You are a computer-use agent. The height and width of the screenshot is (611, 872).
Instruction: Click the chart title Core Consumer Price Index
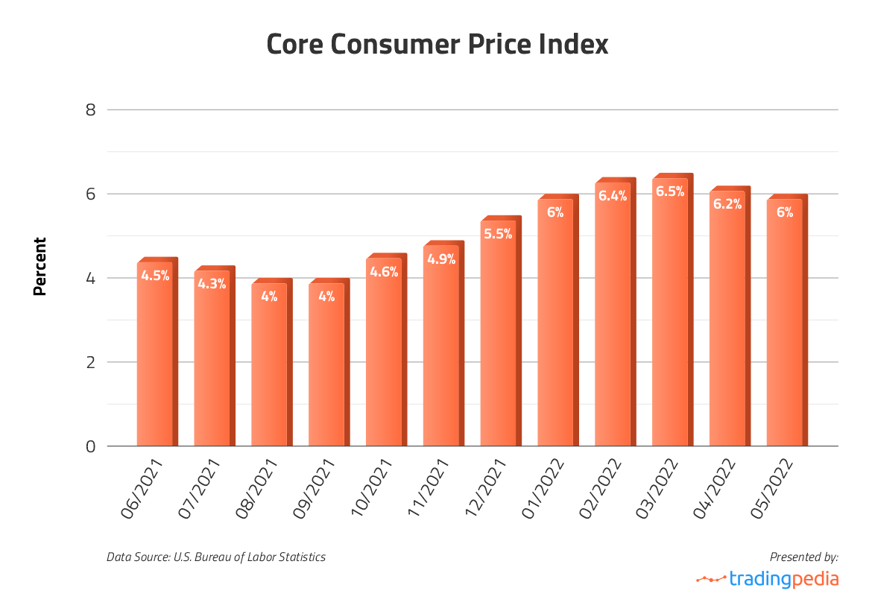coord(437,45)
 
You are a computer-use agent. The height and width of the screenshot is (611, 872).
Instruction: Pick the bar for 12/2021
coord(498,335)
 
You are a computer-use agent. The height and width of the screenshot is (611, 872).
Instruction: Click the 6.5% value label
coord(670,191)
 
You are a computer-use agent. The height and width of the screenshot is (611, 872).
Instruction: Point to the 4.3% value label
coord(212,284)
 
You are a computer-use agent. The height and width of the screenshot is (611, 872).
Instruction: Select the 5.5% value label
coord(498,234)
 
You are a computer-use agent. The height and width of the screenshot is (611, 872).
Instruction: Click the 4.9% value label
coord(441,259)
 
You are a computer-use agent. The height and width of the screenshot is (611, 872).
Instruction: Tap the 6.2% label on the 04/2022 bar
coord(727,203)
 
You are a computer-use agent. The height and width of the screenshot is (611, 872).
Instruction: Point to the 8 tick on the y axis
coord(91,110)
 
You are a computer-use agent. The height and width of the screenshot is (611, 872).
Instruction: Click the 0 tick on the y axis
coord(91,446)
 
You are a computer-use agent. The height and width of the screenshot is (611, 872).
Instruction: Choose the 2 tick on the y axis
coord(91,363)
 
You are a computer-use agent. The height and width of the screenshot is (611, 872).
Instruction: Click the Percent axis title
coord(40,266)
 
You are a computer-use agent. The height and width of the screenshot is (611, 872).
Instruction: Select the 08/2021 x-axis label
coord(256,489)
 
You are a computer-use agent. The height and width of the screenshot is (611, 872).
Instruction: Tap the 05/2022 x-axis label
coord(771,489)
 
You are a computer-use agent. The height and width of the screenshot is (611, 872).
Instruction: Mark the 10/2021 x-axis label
coord(370,489)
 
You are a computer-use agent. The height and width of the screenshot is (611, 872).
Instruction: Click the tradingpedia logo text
coord(783,579)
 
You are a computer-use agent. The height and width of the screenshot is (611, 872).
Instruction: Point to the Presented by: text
coord(803,557)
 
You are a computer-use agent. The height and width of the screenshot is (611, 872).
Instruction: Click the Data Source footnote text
coord(216,557)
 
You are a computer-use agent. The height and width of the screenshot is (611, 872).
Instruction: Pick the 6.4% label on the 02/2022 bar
coord(613,196)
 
